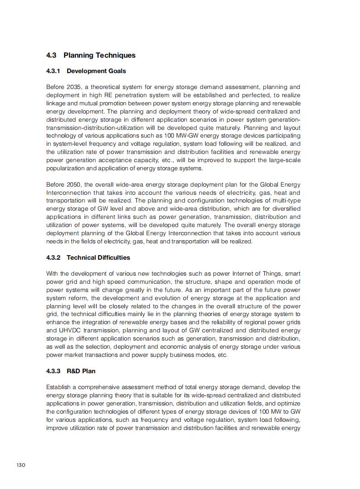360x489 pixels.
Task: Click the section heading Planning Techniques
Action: click(x=99, y=55)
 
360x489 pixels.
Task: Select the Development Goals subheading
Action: click(x=96, y=71)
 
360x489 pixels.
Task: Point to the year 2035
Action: click(x=74, y=87)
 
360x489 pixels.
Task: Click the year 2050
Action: click(x=74, y=184)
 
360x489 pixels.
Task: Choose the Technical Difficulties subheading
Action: click(x=99, y=257)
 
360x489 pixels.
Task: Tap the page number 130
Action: click(x=21, y=465)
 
